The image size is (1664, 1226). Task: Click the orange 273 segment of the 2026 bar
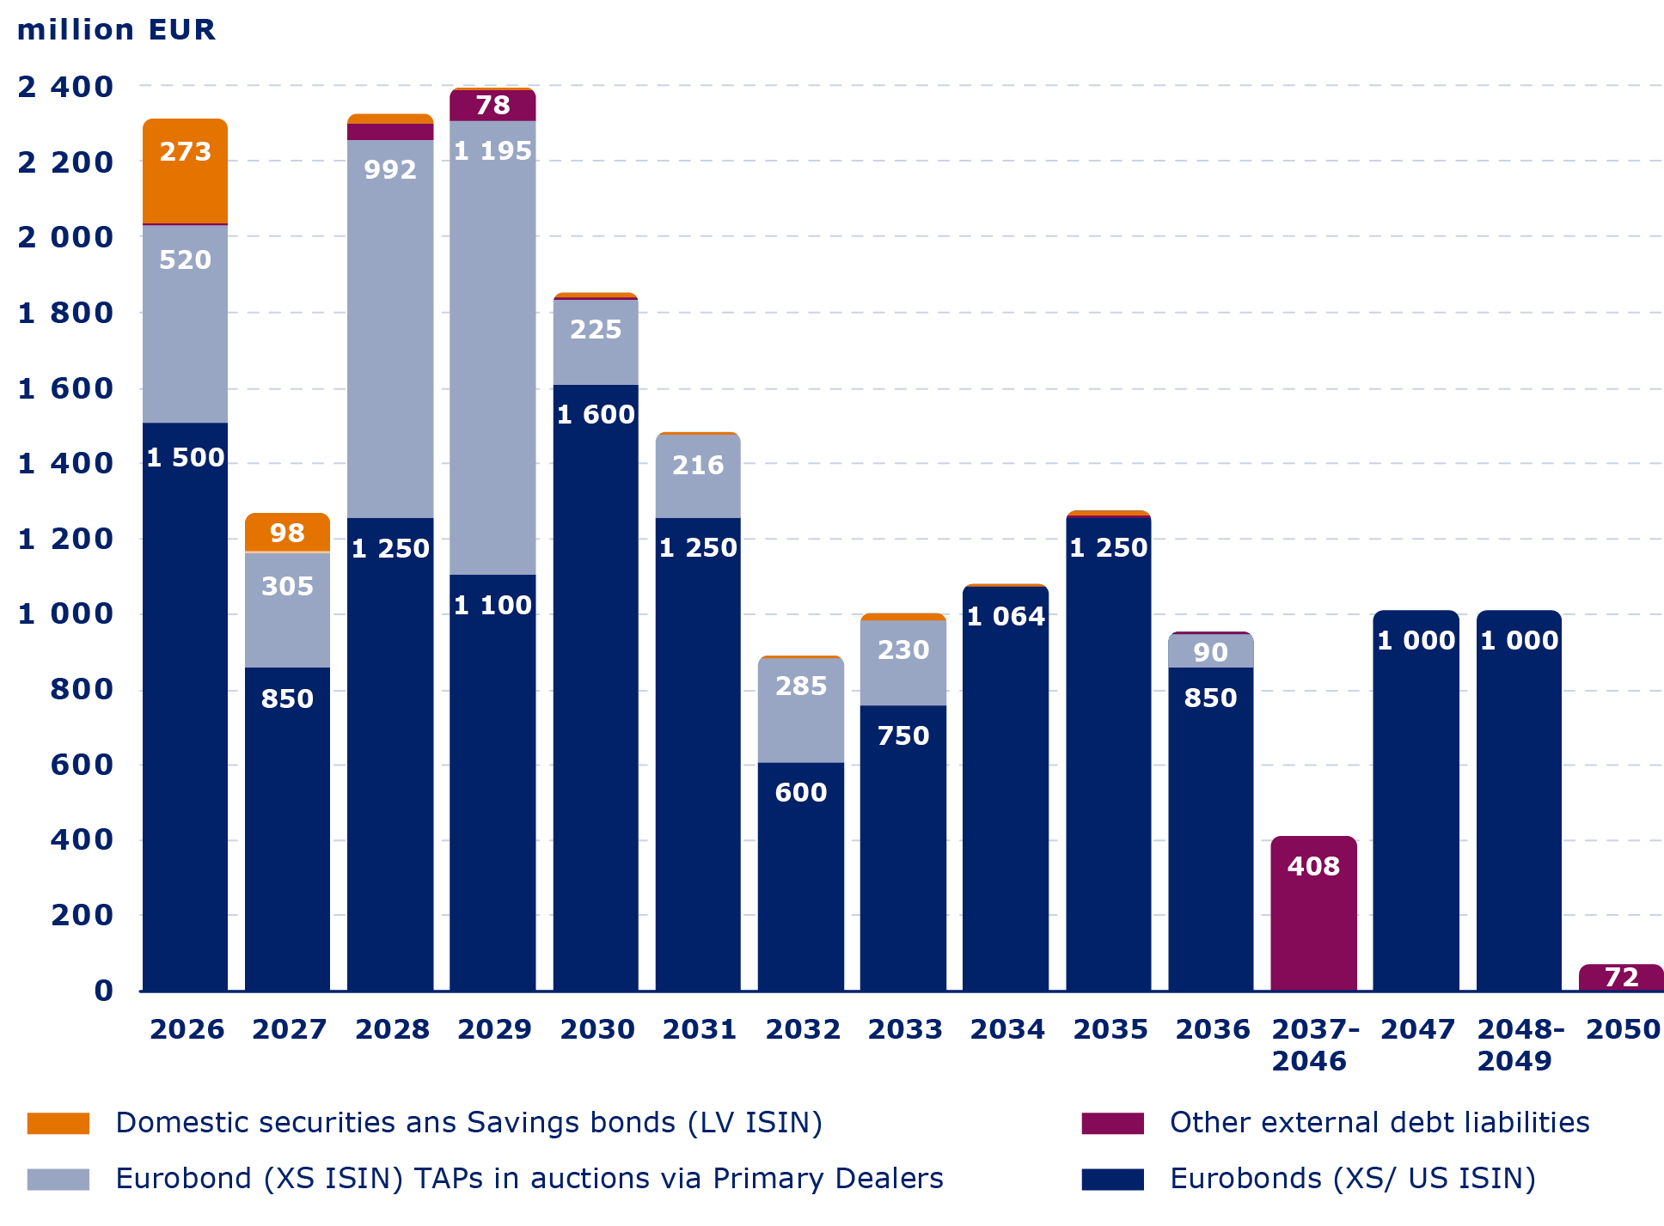point(185,172)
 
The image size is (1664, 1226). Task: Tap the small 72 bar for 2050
point(1621,977)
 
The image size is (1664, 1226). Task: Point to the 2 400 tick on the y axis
point(65,87)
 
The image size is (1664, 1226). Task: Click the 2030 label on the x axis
point(596,1028)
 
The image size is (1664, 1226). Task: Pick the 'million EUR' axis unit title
point(116,30)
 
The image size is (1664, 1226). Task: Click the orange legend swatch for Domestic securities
point(58,1124)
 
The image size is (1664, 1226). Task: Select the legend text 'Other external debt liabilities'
point(1380,1123)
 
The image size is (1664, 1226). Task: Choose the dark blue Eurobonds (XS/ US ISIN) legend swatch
point(1112,1180)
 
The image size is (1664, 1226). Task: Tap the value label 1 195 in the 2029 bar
point(492,151)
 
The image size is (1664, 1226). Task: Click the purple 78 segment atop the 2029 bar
point(492,106)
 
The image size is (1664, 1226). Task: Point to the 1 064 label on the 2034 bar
point(1006,616)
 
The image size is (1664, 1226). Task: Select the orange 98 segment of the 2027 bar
point(287,533)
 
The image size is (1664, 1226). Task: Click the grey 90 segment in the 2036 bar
point(1210,651)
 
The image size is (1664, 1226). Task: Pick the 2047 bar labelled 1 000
point(1416,799)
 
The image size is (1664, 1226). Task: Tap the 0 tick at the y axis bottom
point(103,991)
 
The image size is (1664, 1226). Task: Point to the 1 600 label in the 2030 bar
point(596,415)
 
